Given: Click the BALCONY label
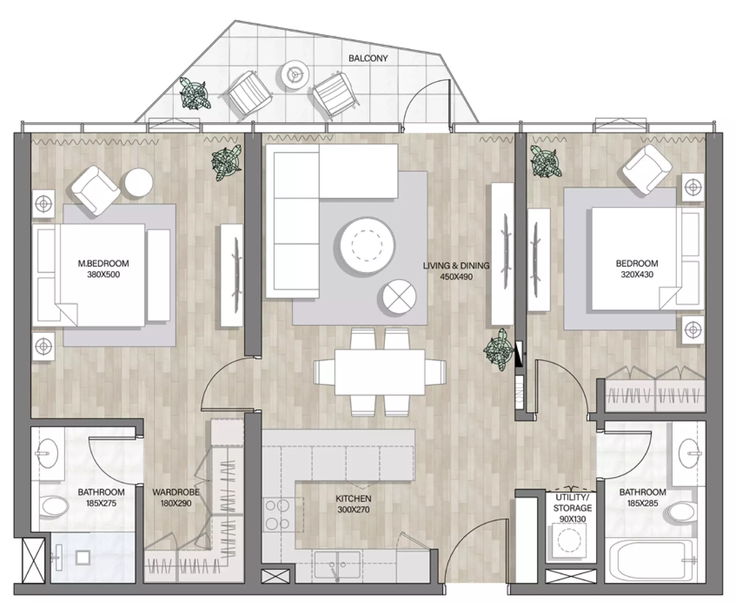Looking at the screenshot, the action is click(x=368, y=58).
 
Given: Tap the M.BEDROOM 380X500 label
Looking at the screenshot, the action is click(x=103, y=269).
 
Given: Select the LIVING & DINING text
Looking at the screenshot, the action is click(x=456, y=266).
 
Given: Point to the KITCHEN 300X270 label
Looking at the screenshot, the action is click(x=353, y=504).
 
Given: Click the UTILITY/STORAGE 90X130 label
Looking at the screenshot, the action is click(x=573, y=508).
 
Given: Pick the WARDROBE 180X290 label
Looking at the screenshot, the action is click(x=176, y=498).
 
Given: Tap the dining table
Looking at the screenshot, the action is click(x=380, y=372).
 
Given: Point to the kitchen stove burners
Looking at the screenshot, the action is click(x=277, y=515).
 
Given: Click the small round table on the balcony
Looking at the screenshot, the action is click(x=296, y=74).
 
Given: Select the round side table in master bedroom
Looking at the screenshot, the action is click(x=139, y=182).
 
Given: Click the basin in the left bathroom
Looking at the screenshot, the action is click(x=48, y=454).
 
